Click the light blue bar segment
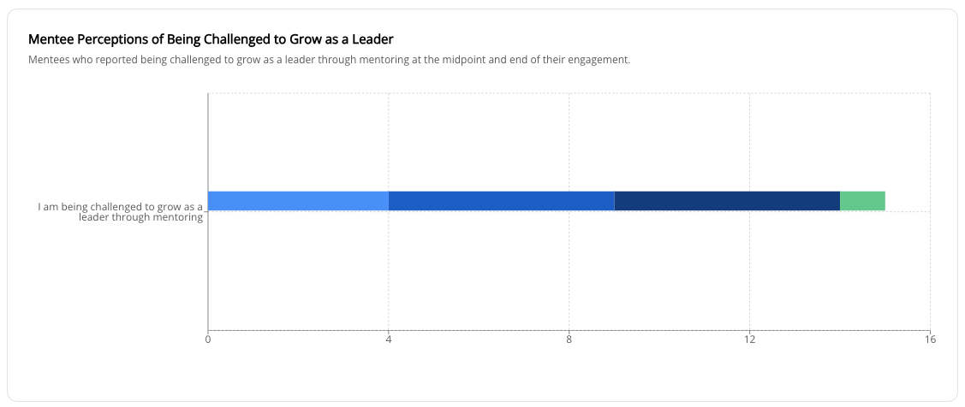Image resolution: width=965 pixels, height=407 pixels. [x=298, y=201]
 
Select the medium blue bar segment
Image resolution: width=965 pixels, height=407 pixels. [x=501, y=201]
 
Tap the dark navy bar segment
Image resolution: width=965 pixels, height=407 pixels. [x=727, y=201]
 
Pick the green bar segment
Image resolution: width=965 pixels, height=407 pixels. [x=862, y=201]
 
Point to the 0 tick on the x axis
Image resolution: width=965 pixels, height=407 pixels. [x=208, y=339]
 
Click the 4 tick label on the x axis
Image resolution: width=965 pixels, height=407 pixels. [x=389, y=339]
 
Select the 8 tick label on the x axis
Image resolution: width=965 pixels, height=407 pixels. [x=569, y=339]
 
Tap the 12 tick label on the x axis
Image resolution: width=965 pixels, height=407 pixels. [x=749, y=339]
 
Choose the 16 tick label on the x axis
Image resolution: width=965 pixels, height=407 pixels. [x=930, y=339]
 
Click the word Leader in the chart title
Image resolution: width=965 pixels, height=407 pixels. [x=374, y=39]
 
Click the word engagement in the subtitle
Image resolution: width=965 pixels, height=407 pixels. [x=597, y=60]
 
